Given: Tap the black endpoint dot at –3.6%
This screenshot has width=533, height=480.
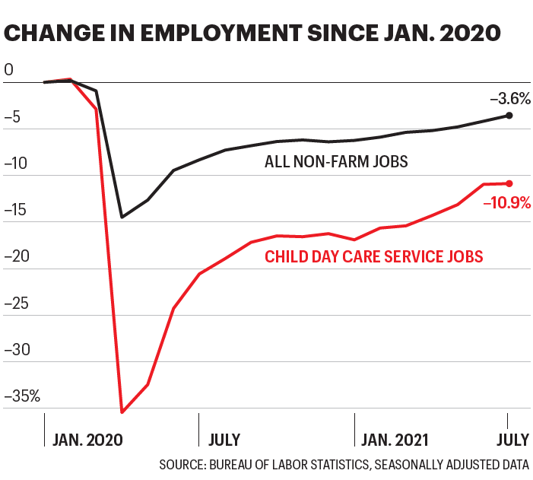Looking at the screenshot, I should (x=509, y=115).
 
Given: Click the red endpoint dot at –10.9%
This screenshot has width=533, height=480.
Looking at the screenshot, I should (x=509, y=183).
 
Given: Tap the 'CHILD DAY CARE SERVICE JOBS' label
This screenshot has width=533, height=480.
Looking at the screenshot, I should (x=373, y=256).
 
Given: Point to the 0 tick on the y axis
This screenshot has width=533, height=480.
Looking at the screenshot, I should (x=9, y=70).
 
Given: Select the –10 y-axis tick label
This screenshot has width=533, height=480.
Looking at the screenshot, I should (x=17, y=164).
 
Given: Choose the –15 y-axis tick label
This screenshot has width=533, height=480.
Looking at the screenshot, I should (x=17, y=210).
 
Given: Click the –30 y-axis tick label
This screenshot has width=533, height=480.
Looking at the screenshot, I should (x=17, y=350).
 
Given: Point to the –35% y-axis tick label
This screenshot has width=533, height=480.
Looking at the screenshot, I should (x=23, y=396).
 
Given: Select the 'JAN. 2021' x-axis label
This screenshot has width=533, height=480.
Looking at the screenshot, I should (x=395, y=440).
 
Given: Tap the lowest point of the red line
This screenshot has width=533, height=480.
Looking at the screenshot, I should (x=122, y=412).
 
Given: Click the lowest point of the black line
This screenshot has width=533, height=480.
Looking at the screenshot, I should (x=122, y=217).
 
